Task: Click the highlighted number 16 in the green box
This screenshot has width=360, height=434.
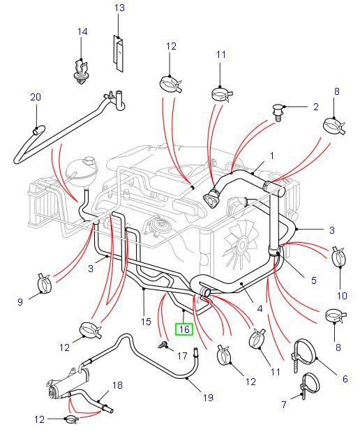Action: [x=185, y=329]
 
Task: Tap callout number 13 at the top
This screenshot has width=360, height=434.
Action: [x=119, y=8]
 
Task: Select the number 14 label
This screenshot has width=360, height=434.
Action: [x=82, y=32]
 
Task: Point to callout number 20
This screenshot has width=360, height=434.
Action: [x=36, y=98]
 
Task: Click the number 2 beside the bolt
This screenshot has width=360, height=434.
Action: [x=315, y=107]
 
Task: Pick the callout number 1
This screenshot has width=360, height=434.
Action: [x=271, y=156]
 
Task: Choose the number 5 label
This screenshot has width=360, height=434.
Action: [x=314, y=280]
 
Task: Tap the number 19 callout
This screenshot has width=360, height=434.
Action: [x=207, y=398]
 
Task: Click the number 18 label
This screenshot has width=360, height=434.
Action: [x=117, y=384]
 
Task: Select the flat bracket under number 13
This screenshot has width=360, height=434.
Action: [x=119, y=53]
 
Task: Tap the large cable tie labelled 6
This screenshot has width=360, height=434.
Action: [x=303, y=350]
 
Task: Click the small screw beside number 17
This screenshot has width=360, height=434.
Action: [x=163, y=344]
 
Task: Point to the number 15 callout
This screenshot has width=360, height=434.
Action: [x=146, y=322]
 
